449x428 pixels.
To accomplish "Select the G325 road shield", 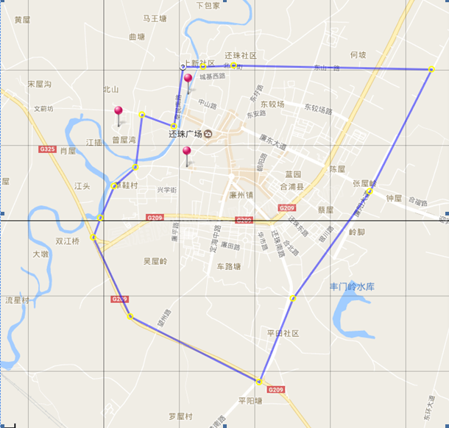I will [47, 149].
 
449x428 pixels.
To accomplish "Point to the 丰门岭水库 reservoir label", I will [353, 286].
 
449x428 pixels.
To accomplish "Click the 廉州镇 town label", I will [241, 196].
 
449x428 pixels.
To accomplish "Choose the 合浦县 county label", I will [291, 188].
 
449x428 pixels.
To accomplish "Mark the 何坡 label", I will [358, 54].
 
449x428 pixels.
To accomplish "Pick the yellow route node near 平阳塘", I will [259, 382].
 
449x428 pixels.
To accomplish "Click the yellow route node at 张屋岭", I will [370, 191].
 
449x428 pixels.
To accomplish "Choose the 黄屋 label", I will [21, 20].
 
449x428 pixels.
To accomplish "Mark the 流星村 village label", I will [18, 300].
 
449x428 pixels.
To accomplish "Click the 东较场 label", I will [271, 104].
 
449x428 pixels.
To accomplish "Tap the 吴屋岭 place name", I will [155, 261].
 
